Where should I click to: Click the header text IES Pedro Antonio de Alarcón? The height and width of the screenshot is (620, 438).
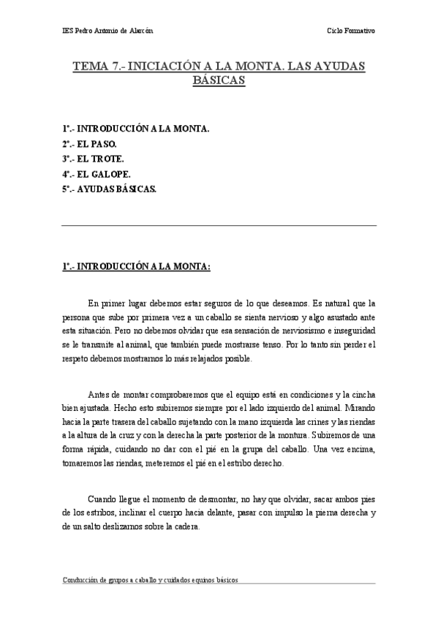pos(107,31)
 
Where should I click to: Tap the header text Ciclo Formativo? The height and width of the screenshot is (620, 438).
pos(352,31)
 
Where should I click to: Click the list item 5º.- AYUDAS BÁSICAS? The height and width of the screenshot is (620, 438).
pos(108,189)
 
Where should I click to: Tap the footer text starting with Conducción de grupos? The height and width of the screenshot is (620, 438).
pos(150,579)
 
